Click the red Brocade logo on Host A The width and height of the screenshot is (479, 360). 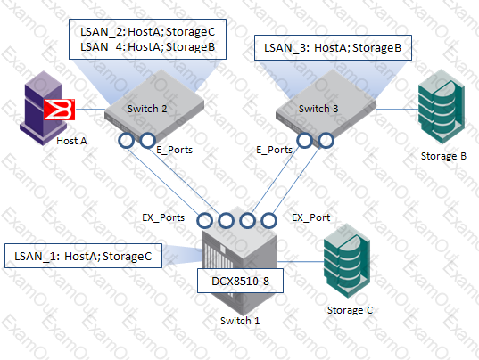tap(59, 110)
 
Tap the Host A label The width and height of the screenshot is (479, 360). tap(71, 141)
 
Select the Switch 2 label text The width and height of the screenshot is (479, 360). tap(147, 109)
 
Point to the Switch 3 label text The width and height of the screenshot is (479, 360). tap(318, 109)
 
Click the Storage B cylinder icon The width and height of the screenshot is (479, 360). tap(442, 107)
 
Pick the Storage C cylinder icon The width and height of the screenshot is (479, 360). tap(347, 261)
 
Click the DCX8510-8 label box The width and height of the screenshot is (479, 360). tap(240, 281)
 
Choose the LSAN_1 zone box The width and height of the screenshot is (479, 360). tap(83, 256)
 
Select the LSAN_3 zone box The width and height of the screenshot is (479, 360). tap(333, 48)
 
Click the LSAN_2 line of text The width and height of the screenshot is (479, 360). tap(147, 32)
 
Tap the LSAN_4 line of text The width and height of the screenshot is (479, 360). tap(147, 47)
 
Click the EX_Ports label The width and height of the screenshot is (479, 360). tap(163, 217)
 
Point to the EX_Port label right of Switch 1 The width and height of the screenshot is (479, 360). tap(311, 217)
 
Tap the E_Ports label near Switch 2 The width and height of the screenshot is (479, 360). tap(175, 150)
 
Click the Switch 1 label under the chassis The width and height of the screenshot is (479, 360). tap(240, 321)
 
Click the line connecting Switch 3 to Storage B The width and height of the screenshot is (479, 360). tap(397, 109)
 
